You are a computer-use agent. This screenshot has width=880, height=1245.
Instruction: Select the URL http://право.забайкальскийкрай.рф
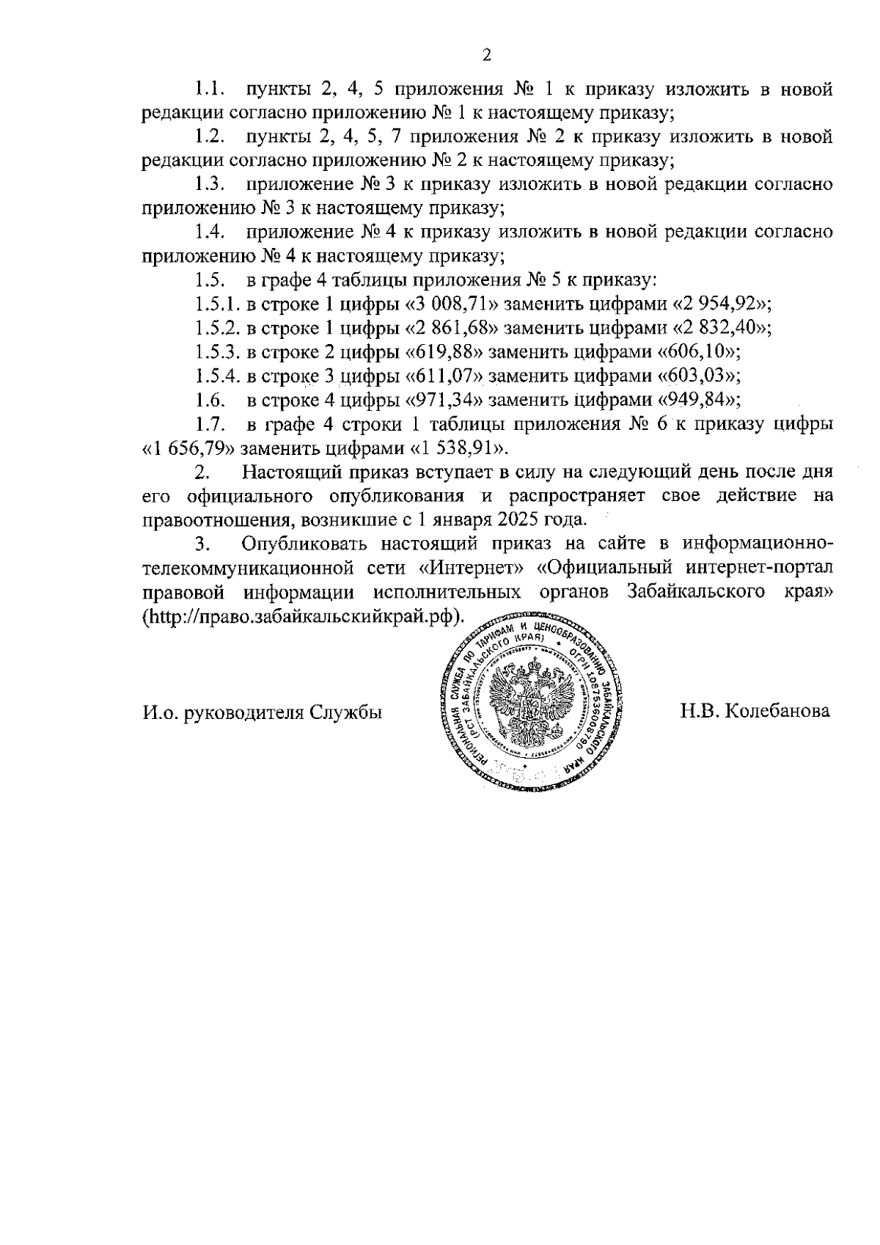(x=304, y=616)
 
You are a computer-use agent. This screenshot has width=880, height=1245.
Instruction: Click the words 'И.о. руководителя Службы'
(x=262, y=712)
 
